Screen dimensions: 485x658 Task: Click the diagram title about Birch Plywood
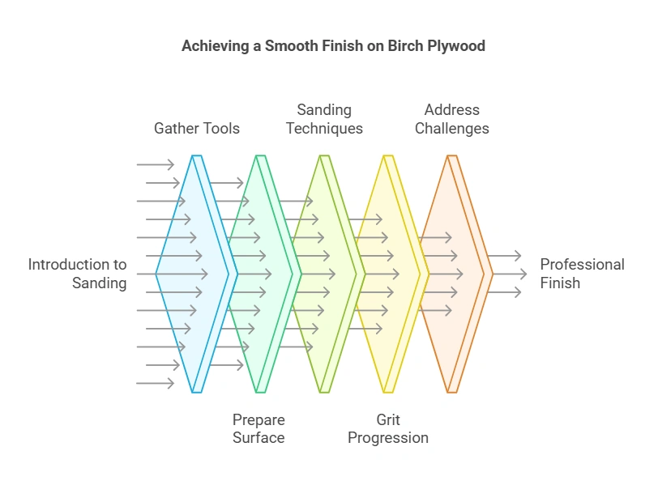[x=333, y=46]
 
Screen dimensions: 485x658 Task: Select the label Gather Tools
[x=197, y=128]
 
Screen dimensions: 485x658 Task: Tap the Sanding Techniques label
[x=324, y=119]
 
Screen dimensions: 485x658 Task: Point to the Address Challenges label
[x=452, y=119]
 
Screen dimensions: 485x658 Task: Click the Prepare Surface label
[x=258, y=429]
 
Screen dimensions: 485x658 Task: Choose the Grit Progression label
[x=388, y=429]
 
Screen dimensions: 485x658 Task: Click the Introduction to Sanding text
[x=78, y=274]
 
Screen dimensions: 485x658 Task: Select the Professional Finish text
[x=582, y=274]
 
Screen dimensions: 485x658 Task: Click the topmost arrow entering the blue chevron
[x=156, y=164]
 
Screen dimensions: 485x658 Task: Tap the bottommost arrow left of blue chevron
[x=156, y=383]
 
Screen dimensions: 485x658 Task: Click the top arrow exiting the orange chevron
[x=506, y=256]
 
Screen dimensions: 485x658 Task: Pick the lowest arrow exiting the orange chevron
[x=506, y=292]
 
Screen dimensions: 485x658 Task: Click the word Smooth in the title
[x=284, y=46]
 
